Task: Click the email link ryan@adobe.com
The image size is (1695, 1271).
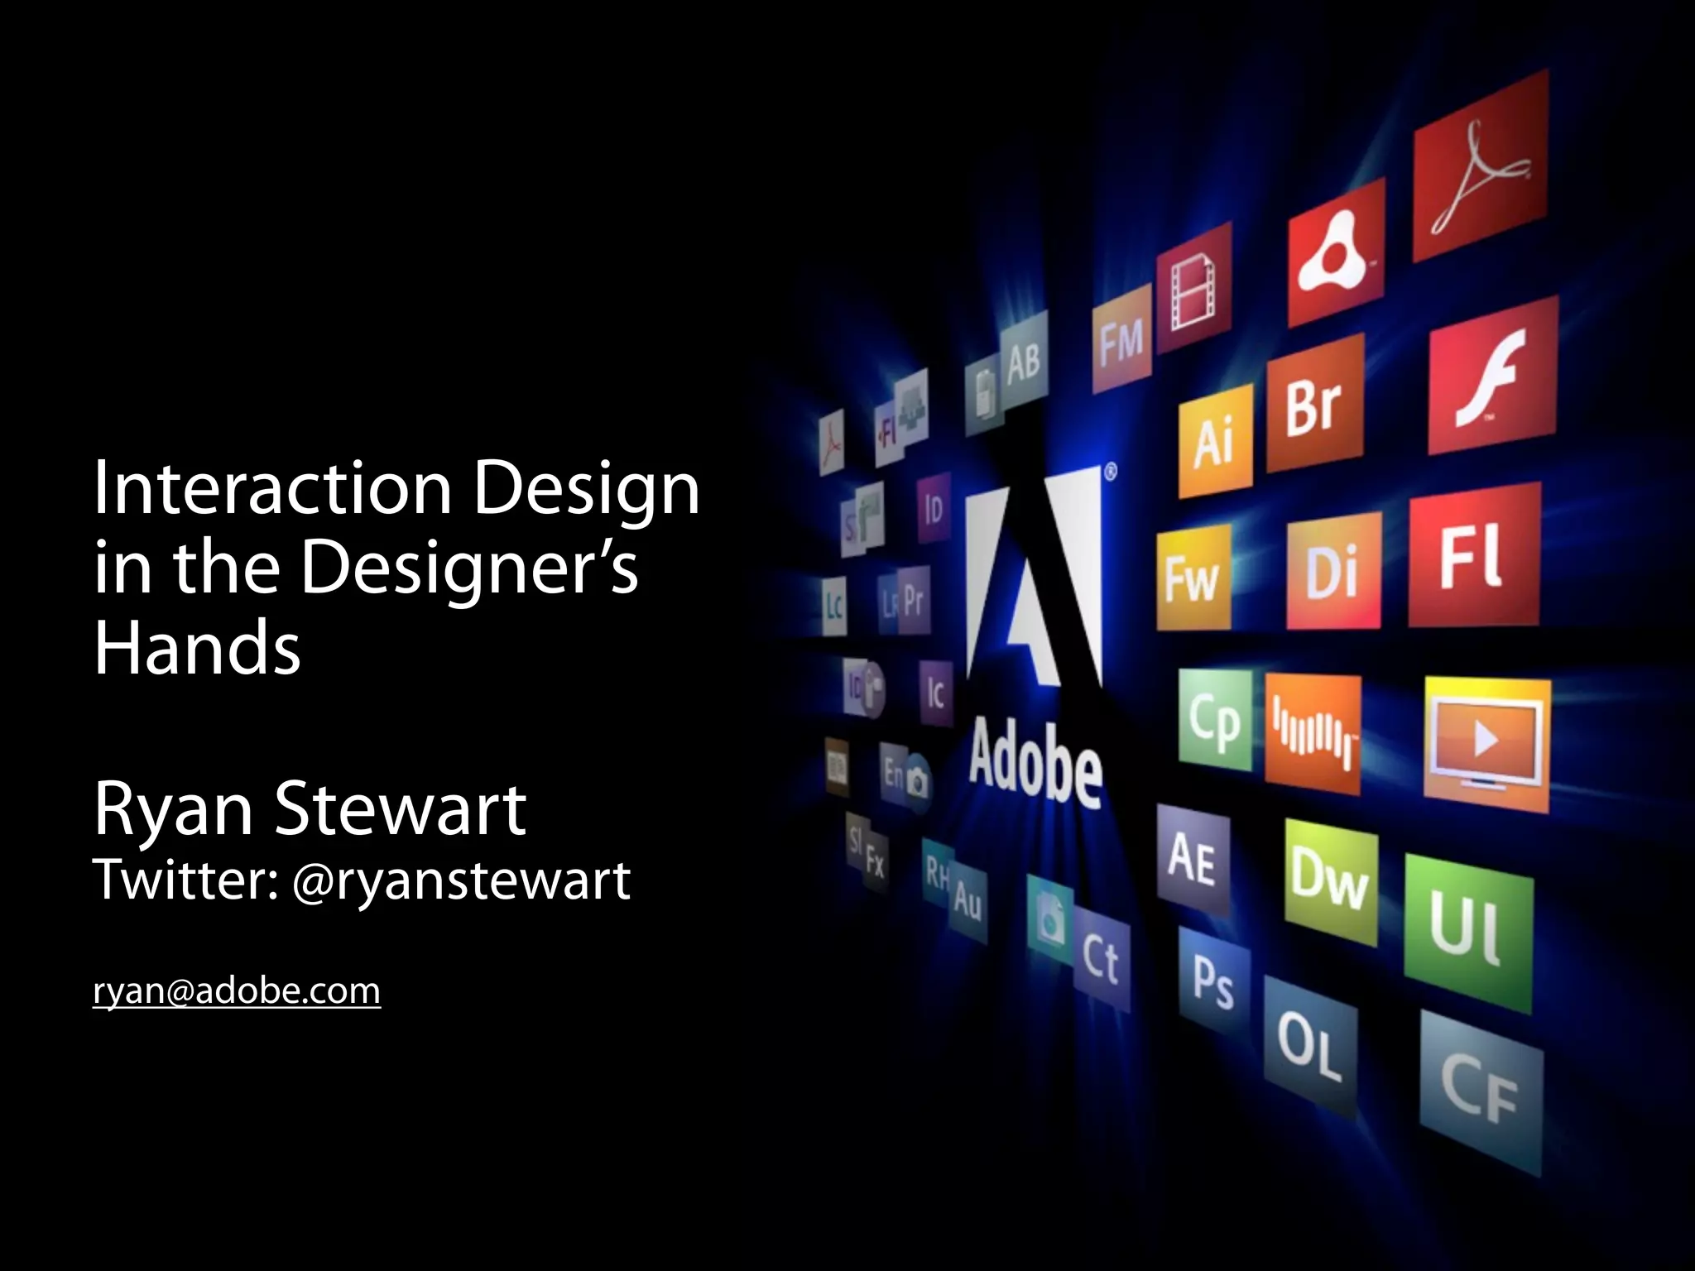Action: (x=237, y=990)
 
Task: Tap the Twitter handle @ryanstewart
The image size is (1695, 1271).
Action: (x=462, y=880)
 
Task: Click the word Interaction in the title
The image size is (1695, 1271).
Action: (x=273, y=488)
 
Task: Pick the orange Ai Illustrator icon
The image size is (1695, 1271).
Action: (x=1214, y=441)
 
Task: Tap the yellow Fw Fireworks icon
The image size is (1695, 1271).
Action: (x=1193, y=578)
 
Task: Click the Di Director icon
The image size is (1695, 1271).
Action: (x=1332, y=571)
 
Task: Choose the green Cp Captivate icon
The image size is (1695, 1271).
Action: (x=1215, y=720)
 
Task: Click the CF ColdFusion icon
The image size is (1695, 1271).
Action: (x=1481, y=1092)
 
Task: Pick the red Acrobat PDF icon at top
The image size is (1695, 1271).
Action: (x=1481, y=165)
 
